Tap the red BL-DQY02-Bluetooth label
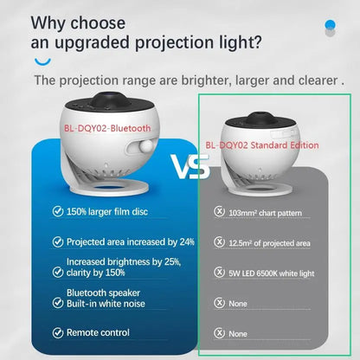[106, 127]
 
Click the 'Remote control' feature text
[98, 331]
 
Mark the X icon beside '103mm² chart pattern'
[220, 210]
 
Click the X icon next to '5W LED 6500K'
[220, 273]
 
